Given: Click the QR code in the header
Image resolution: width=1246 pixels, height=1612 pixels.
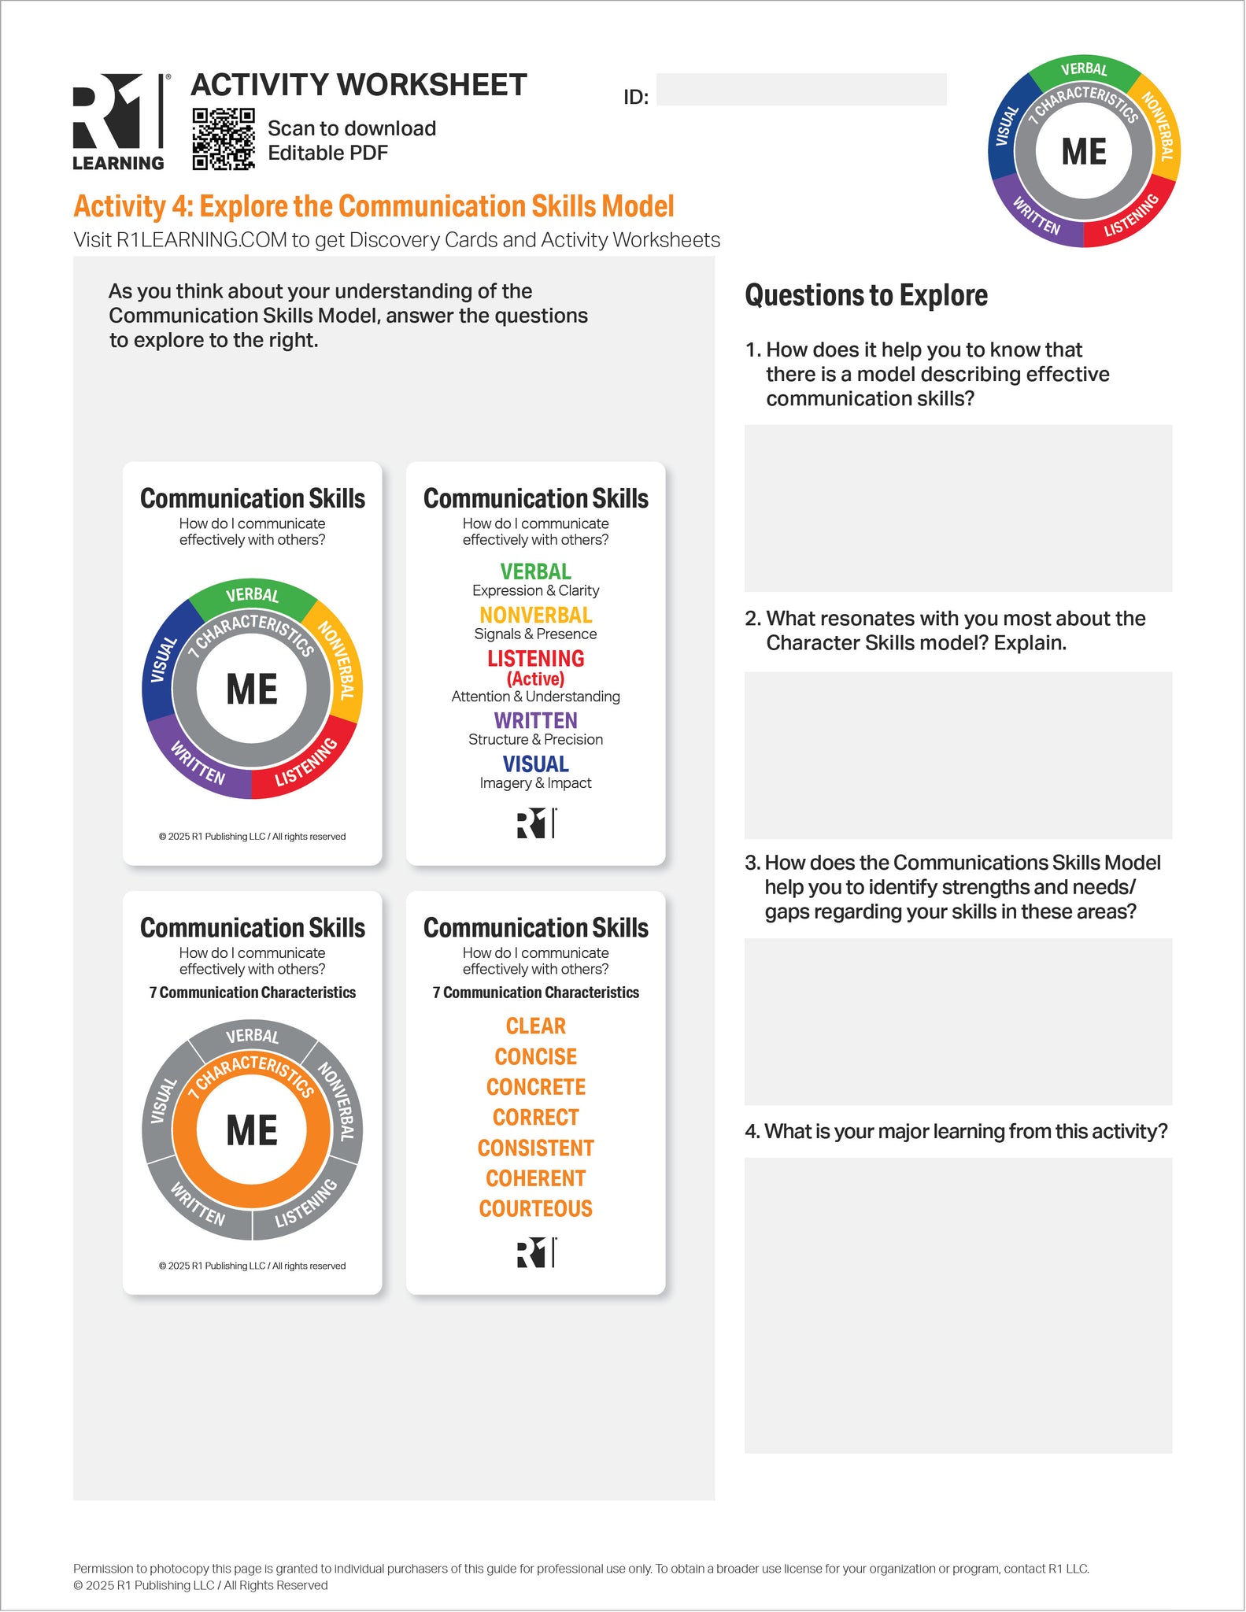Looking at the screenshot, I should (224, 139).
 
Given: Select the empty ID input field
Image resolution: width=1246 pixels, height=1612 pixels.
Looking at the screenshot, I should (800, 90).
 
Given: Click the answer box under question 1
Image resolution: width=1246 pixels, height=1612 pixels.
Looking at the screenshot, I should (958, 508).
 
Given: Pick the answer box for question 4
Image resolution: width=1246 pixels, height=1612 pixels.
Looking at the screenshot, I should (958, 1304).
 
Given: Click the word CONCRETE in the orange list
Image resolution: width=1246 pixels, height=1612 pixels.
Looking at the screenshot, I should (536, 1087).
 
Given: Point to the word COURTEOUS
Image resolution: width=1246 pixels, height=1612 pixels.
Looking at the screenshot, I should (536, 1209).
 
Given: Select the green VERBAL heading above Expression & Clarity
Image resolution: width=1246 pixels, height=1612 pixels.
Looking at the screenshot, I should (536, 571).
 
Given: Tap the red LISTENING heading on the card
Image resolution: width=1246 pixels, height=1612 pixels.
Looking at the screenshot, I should (536, 659).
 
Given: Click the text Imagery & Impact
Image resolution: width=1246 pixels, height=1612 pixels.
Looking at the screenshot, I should (536, 783).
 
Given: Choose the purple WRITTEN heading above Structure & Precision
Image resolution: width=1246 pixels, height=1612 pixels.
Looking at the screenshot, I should (536, 720).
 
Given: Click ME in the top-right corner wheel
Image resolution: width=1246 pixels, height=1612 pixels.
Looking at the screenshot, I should (1084, 152).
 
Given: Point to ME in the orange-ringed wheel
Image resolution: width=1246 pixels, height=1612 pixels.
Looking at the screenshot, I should (252, 1130).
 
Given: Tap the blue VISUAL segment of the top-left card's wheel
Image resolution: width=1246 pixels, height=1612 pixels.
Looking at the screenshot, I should (161, 661).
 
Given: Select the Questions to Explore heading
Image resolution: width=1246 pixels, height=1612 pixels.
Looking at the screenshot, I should (866, 296).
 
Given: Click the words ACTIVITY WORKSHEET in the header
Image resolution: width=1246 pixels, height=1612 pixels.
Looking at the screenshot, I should (359, 85).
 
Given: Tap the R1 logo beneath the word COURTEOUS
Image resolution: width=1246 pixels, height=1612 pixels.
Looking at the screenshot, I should (536, 1252).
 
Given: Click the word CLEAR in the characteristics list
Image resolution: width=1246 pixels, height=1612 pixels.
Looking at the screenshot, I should (536, 1026).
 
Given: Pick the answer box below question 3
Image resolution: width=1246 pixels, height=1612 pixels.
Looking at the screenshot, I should (958, 1021).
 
